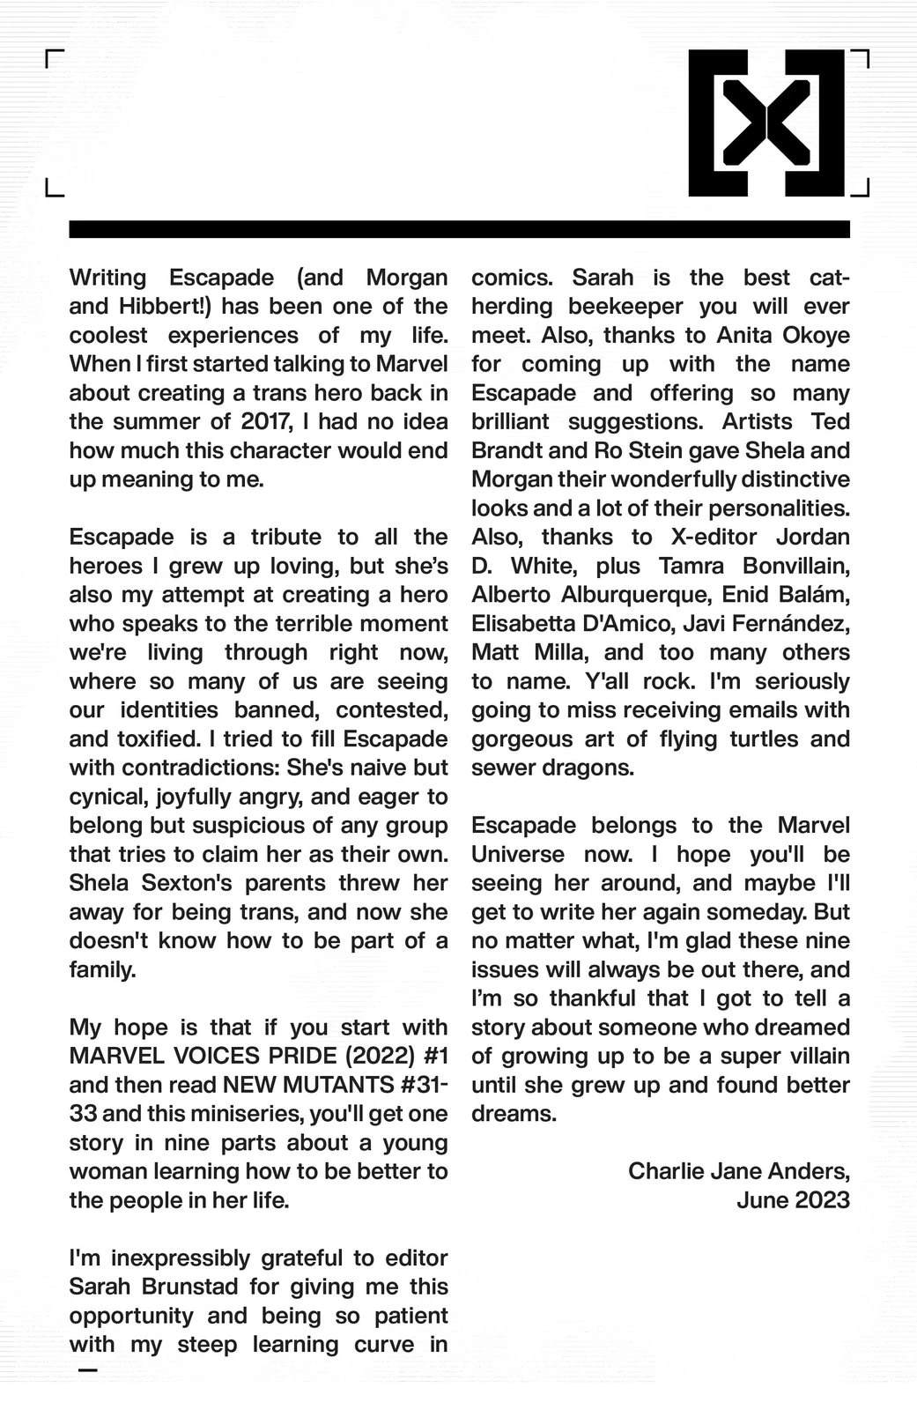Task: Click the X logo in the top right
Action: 766,122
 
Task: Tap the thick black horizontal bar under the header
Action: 459,229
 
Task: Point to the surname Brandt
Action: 507,451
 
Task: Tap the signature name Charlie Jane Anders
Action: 737,1171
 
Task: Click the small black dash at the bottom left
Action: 87,1370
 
